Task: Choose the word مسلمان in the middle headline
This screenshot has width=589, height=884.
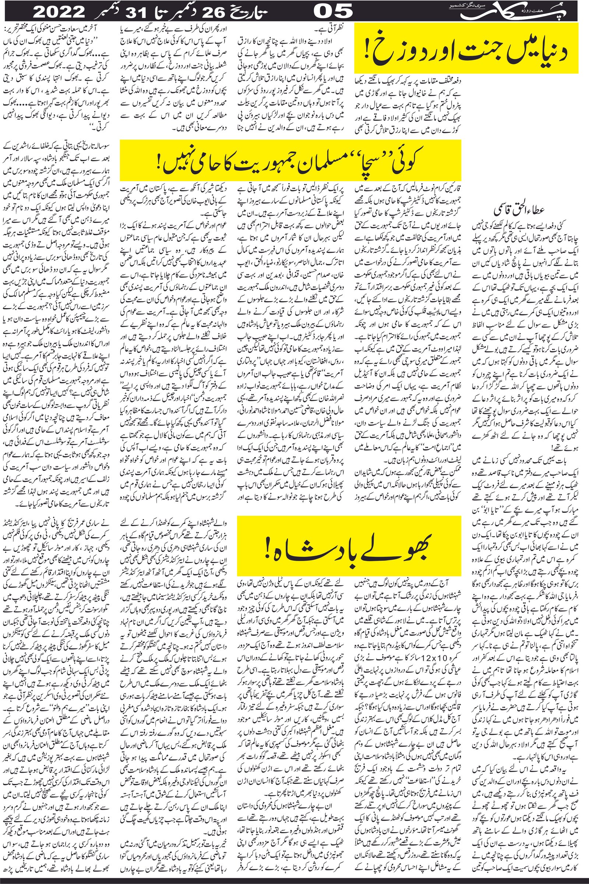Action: [x=315, y=163]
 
